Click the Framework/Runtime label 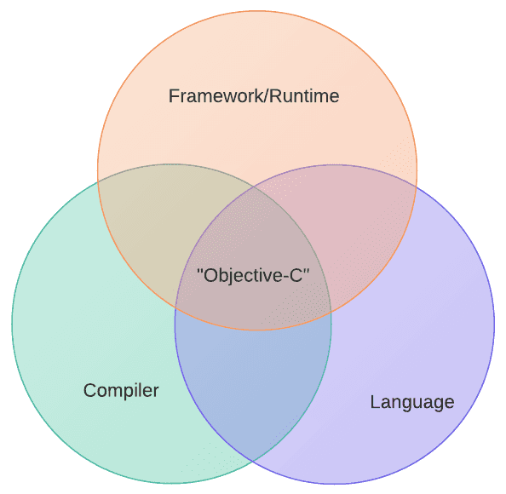[x=254, y=96]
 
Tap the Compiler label [x=121, y=391]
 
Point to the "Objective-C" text [x=253, y=276]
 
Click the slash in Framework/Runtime [x=265, y=96]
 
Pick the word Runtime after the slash [x=303, y=96]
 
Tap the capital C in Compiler [x=90, y=390]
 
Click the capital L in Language [x=375, y=402]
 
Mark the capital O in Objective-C [x=210, y=276]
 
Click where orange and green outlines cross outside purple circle [x=98, y=181]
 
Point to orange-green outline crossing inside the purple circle [x=331, y=312]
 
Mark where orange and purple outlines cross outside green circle [x=416, y=187]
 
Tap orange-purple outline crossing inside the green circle [x=175, y=307]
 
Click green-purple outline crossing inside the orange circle [x=254, y=187]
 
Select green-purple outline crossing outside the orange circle [x=253, y=460]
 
